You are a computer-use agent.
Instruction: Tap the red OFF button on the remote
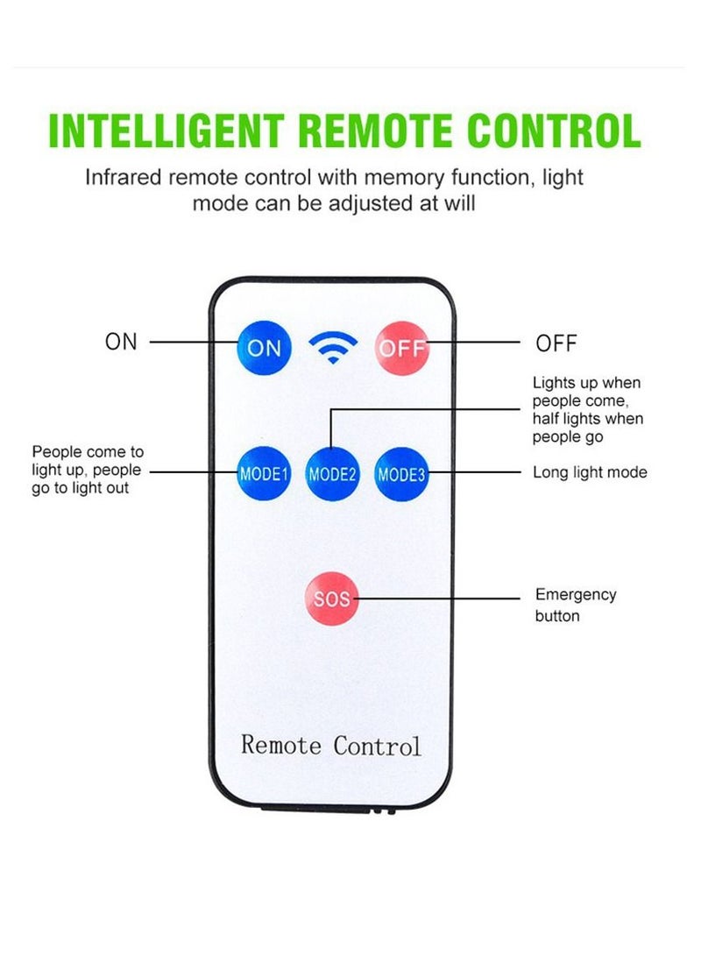[401, 348]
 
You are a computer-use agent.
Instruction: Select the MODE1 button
[264, 474]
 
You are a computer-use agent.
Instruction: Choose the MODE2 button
[332, 474]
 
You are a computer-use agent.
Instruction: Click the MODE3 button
[400, 474]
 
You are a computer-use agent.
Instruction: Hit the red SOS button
[332, 598]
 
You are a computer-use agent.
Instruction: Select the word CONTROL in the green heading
[555, 131]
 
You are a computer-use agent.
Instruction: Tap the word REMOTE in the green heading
[380, 131]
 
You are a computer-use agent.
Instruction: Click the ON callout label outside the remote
[122, 342]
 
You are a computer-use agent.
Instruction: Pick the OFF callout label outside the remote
[556, 343]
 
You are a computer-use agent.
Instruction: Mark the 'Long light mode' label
[590, 472]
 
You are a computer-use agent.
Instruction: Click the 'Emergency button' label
[576, 605]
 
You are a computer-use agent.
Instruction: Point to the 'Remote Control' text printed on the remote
[331, 746]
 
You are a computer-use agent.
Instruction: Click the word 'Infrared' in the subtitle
[122, 178]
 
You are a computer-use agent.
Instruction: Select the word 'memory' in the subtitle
[411, 178]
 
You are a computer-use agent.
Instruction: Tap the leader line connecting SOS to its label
[438, 599]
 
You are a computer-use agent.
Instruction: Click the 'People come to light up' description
[87, 470]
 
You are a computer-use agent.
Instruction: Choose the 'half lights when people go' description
[587, 427]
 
